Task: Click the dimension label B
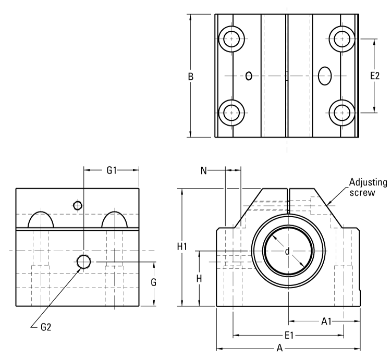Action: (x=191, y=76)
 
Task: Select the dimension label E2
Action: (x=374, y=76)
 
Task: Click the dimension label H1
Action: (x=182, y=247)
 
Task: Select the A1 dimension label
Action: (x=327, y=321)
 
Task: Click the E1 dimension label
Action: (x=288, y=335)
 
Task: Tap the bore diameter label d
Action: (x=287, y=251)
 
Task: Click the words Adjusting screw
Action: (x=368, y=188)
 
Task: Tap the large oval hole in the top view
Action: (x=325, y=76)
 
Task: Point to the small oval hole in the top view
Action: (x=249, y=76)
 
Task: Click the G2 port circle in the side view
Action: (x=83, y=262)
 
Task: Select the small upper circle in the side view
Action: (x=78, y=205)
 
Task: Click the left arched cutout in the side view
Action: (x=41, y=220)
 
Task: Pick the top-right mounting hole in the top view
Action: (x=343, y=38)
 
